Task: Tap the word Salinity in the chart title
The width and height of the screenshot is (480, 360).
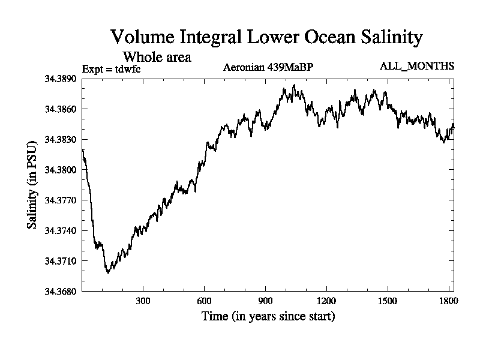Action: click(x=389, y=37)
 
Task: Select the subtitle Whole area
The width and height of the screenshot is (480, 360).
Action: click(x=157, y=57)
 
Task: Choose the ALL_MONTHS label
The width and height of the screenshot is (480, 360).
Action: click(x=417, y=65)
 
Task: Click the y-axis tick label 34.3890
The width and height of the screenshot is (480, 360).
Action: click(x=60, y=79)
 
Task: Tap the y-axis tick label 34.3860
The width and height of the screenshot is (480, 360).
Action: click(x=60, y=109)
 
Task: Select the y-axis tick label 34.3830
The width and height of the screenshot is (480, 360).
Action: click(x=60, y=140)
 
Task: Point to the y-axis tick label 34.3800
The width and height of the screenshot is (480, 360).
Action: click(x=60, y=170)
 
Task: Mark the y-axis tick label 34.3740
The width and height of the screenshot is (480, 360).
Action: click(x=60, y=231)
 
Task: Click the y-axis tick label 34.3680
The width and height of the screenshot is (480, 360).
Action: click(x=60, y=292)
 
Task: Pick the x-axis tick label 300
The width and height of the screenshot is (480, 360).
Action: click(x=143, y=301)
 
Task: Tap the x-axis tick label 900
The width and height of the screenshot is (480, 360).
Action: click(x=265, y=301)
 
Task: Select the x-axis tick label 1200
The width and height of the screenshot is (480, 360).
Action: click(x=326, y=301)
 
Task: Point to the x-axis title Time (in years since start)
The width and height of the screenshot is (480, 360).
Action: click(x=268, y=316)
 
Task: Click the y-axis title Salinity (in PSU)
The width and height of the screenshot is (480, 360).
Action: click(x=32, y=185)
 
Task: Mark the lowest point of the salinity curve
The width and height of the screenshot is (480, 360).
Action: click(x=108, y=272)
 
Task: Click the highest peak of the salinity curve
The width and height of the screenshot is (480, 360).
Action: click(x=293, y=85)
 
